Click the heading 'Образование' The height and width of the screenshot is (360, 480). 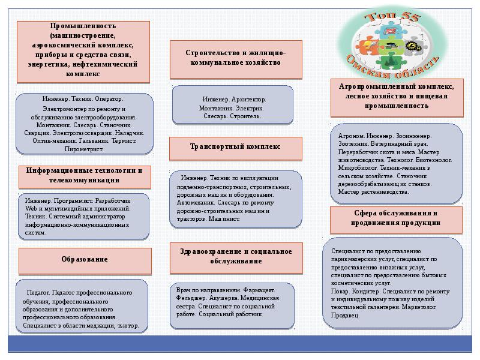coord(84,259)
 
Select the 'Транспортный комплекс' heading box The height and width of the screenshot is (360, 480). coord(235,146)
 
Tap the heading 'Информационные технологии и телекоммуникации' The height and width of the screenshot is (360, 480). coord(84,175)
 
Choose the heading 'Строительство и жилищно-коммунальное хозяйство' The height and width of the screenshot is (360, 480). coord(235,58)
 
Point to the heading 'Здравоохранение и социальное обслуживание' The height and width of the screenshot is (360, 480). coord(235,256)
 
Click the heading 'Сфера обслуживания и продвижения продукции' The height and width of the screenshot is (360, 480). coord(397,218)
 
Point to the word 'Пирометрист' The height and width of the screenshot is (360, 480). coord(85,148)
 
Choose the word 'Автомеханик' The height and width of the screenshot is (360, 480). coord(196,203)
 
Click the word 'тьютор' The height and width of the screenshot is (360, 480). coord(129,326)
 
